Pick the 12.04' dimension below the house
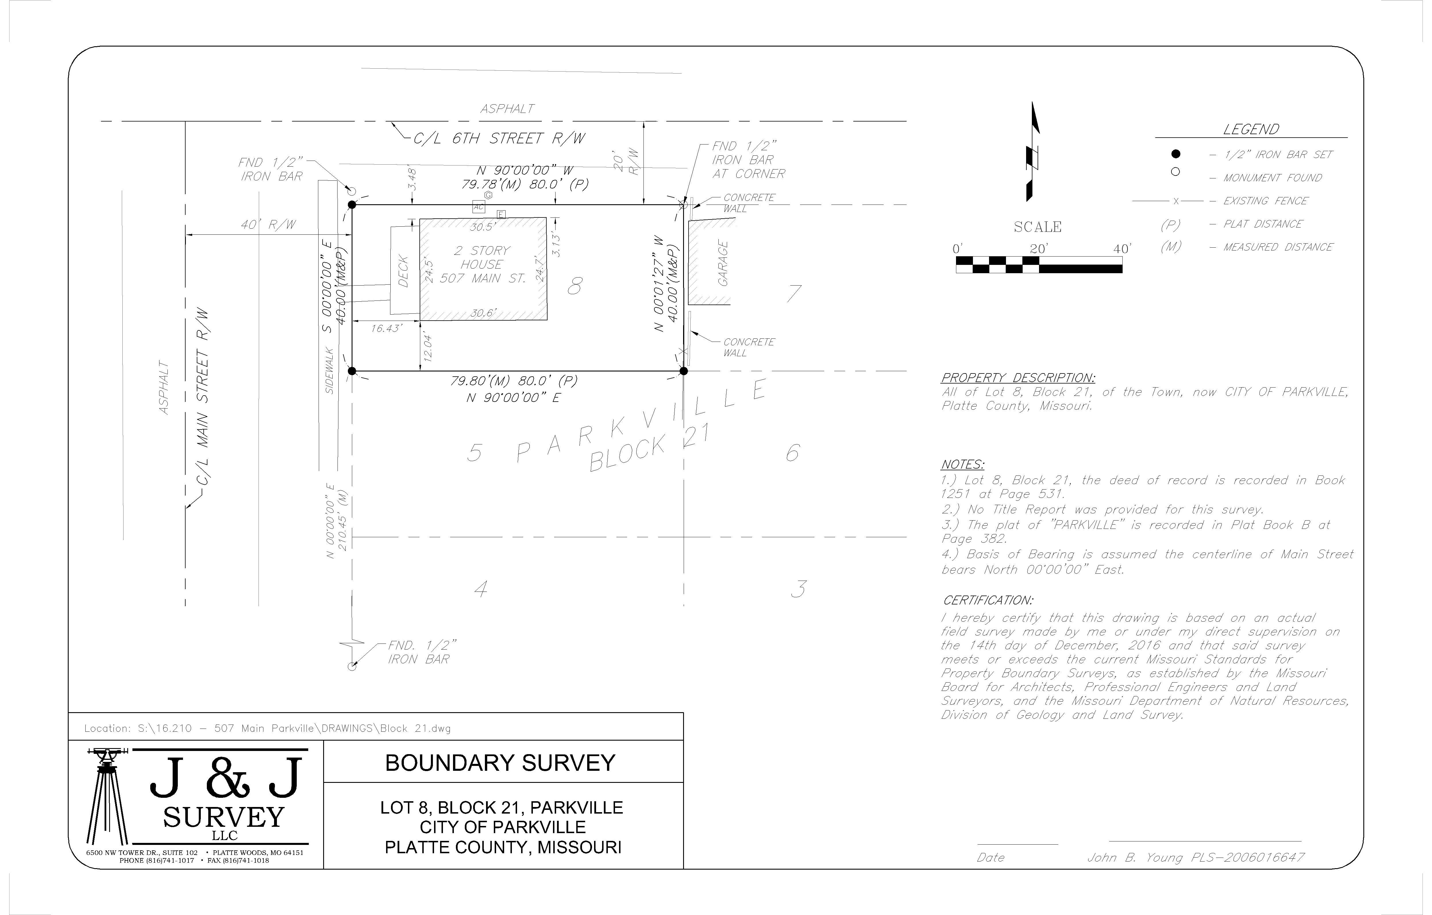(427, 348)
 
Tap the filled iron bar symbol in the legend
(1175, 154)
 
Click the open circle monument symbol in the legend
(1175, 172)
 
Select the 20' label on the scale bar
(1038, 249)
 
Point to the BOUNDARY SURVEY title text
(500, 763)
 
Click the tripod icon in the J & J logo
(107, 797)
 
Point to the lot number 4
(481, 589)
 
